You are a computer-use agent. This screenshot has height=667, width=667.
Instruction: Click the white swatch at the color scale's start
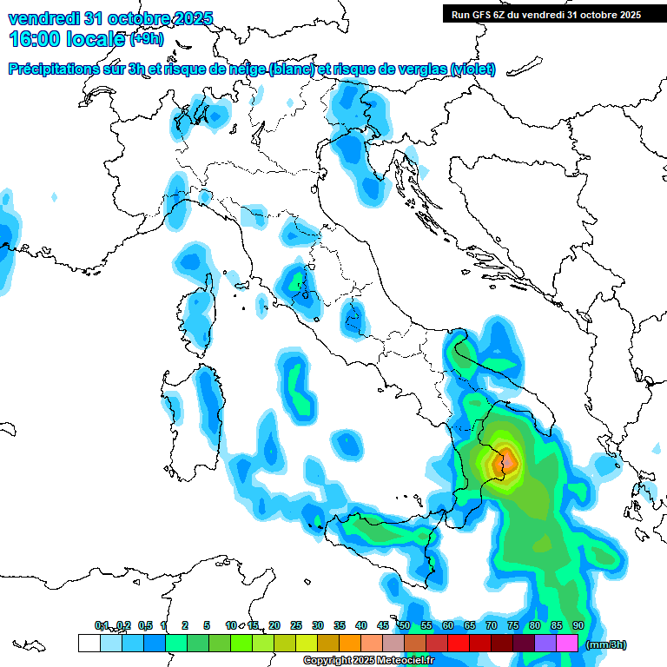(x=89, y=644)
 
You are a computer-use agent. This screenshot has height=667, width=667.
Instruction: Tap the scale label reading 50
(x=405, y=625)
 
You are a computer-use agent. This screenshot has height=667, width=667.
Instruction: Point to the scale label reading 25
(x=296, y=625)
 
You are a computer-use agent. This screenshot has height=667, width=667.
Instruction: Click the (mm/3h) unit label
(x=606, y=644)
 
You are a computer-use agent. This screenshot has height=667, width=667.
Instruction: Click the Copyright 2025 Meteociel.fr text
(x=368, y=661)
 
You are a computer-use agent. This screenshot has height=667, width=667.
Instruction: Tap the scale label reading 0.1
(x=102, y=625)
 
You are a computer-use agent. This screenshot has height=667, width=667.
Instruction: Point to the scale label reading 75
(x=513, y=625)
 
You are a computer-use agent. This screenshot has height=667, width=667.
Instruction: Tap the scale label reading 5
(x=207, y=625)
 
